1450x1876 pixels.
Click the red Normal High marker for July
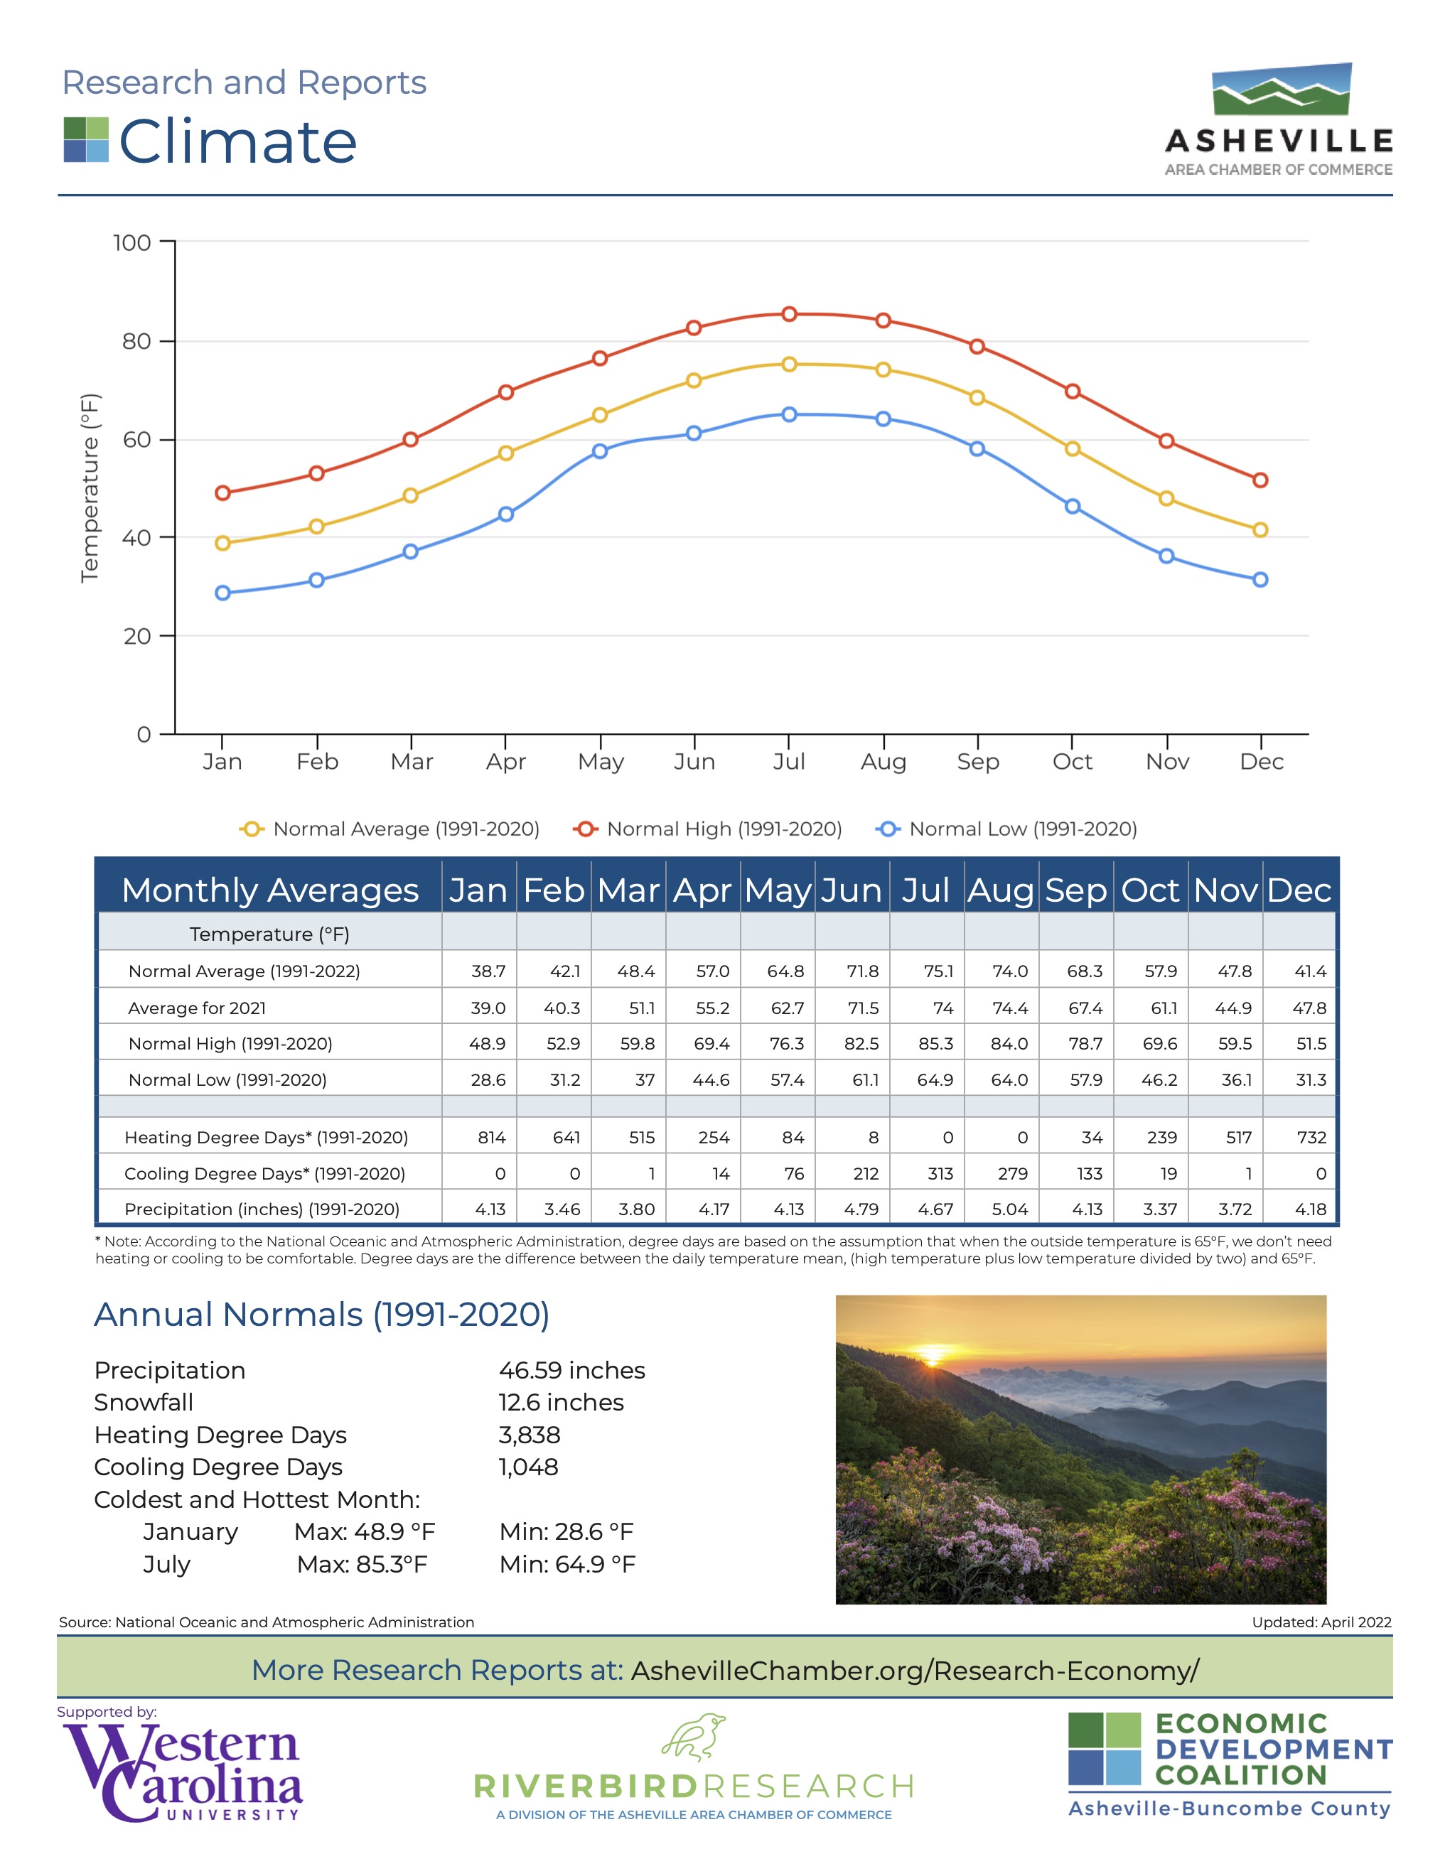coord(788,314)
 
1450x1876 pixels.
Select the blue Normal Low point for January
coord(222,593)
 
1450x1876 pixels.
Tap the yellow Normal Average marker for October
coord(1072,449)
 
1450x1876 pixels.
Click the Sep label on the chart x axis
coord(977,762)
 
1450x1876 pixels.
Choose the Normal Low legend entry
coord(1006,829)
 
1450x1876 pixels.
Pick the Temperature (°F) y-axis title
coord(90,488)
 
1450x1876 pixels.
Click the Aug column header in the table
coord(1001,891)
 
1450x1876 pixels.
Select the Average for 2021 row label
coord(197,1008)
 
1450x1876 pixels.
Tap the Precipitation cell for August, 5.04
coord(1009,1209)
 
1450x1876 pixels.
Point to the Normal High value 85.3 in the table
coord(935,1044)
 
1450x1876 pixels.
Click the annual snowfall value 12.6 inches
coord(561,1403)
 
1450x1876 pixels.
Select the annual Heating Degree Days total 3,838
coord(529,1435)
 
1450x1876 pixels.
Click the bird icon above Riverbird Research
coord(693,1737)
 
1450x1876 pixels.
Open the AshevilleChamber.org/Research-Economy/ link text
coord(915,1671)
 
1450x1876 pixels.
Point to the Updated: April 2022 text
coord(1321,1622)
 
